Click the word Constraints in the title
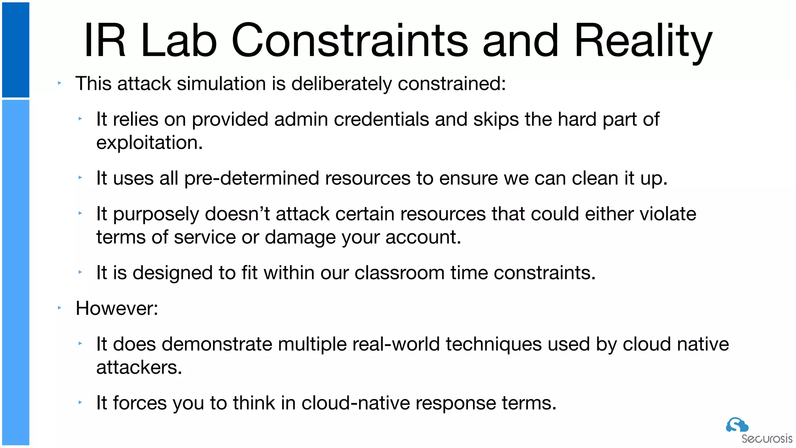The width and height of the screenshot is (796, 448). click(350, 41)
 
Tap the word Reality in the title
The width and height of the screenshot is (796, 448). click(643, 41)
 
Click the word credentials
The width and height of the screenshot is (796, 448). click(381, 119)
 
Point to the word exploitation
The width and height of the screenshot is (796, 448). click(149, 143)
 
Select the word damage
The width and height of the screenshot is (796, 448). click(300, 237)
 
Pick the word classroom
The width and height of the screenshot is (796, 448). click(400, 273)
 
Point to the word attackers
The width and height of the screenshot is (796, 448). click(139, 367)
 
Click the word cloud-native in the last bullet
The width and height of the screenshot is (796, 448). click(355, 403)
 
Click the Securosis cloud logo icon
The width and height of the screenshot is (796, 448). click(737, 425)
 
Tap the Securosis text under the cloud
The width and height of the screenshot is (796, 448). click(766, 439)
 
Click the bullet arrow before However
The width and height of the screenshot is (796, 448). click(59, 308)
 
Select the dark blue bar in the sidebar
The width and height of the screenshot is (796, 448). click(16, 50)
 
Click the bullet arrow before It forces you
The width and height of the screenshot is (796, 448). click(80, 402)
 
